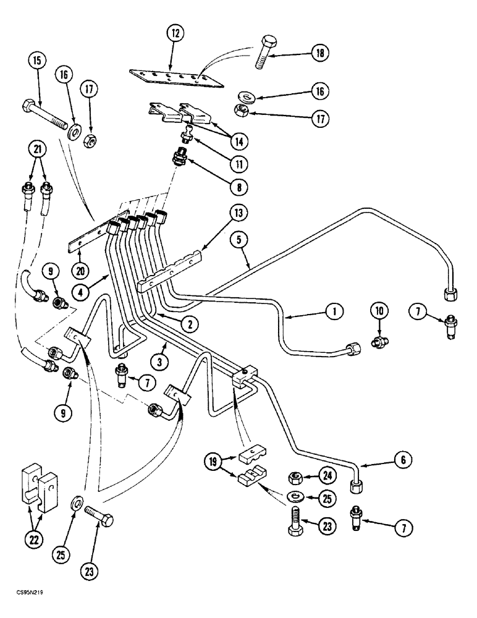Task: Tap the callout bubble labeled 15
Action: click(36, 62)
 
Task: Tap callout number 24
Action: click(326, 475)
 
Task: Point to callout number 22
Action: click(31, 540)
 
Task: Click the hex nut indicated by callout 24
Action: click(295, 476)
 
